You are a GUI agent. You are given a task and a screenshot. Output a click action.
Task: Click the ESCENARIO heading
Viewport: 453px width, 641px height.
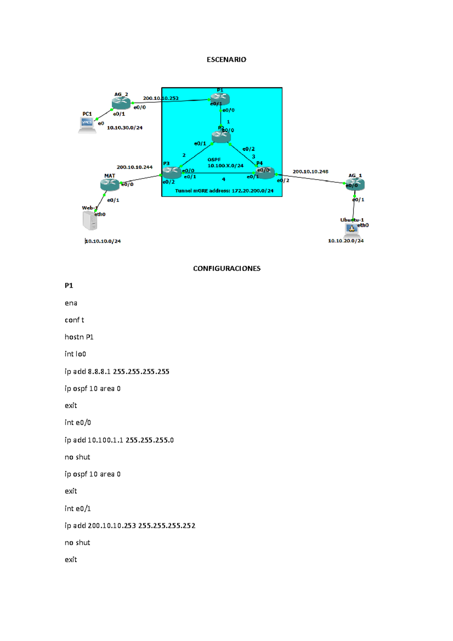coord(226,60)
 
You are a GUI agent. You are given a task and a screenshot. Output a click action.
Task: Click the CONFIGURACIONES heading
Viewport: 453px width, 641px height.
coord(226,268)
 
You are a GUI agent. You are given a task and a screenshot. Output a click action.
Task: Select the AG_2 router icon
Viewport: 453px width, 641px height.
coord(121,103)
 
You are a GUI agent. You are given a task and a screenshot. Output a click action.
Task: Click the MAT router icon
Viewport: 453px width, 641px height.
coord(110,184)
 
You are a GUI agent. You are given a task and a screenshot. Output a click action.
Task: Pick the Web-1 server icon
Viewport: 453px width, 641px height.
coord(90,220)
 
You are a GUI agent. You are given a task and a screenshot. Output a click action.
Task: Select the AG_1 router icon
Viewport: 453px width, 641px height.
coord(355,184)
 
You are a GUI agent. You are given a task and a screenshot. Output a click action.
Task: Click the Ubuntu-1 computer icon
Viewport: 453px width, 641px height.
coord(351,229)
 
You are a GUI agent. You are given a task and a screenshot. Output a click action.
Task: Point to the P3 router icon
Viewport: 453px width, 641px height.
coord(171,173)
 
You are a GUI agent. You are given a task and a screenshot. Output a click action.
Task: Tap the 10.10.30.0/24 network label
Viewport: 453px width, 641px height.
coord(125,128)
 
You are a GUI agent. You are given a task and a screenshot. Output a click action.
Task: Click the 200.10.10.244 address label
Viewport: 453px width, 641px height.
coord(134,167)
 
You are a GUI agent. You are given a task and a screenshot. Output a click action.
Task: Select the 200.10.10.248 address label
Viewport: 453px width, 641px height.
coord(310,172)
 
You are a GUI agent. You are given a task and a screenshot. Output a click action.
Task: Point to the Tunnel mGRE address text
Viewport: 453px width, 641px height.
coord(224,191)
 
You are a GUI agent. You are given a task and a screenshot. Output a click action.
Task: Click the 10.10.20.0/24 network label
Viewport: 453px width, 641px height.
coord(345,241)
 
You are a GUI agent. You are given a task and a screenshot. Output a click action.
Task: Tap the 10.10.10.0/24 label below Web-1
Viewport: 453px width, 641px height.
coord(103,241)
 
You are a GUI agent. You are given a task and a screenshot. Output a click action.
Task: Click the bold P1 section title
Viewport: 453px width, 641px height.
coord(69,286)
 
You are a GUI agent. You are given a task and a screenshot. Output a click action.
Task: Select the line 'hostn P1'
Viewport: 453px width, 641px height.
coord(79,337)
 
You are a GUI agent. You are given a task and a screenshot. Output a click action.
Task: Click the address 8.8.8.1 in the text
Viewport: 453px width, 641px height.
coord(99,372)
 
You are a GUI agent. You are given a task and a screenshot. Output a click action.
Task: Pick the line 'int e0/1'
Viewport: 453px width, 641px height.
coord(77,509)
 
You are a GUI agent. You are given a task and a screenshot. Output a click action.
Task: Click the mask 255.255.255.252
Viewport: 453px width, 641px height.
coord(166,526)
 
